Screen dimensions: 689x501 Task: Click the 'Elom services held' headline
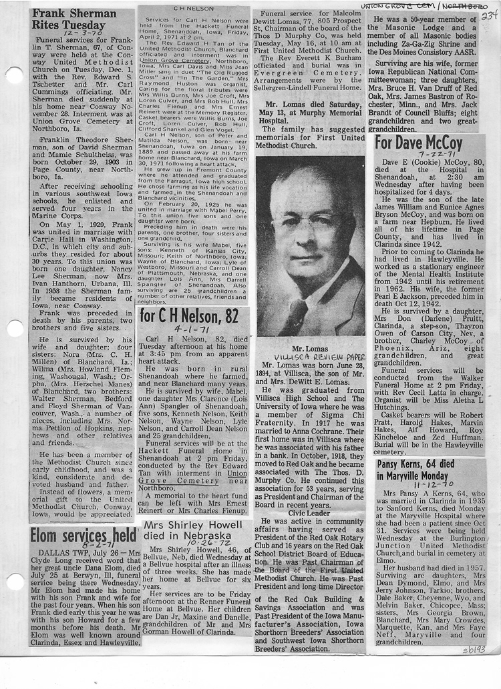(82, 535)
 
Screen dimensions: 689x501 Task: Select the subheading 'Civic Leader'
(309, 512)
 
